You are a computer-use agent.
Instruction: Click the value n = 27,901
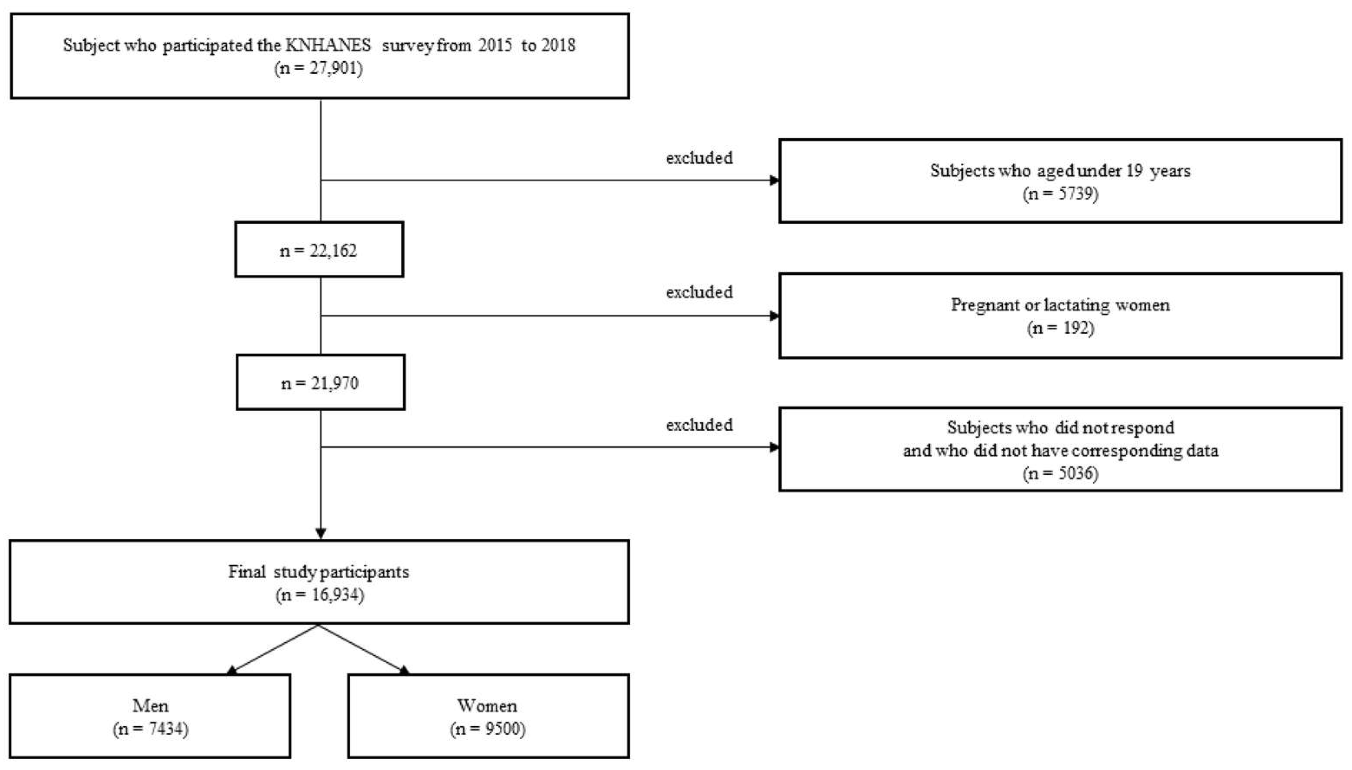click(x=318, y=69)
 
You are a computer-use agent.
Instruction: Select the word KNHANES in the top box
click(x=328, y=45)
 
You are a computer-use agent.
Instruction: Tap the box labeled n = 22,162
click(x=318, y=250)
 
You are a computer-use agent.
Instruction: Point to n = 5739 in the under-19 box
click(x=1060, y=193)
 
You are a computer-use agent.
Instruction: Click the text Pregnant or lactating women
click(x=1060, y=305)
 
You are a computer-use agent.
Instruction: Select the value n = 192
click(x=1060, y=329)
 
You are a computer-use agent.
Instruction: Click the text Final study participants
click(x=318, y=572)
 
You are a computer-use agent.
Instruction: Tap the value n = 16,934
click(x=320, y=595)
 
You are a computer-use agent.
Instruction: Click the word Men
click(x=150, y=706)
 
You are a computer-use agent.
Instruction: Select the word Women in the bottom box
click(x=487, y=706)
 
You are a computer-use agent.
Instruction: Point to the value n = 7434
click(x=150, y=729)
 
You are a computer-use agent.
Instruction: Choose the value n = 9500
click(x=487, y=729)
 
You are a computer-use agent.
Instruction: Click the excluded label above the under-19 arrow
click(x=699, y=158)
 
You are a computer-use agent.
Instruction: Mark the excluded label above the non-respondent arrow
click(x=699, y=425)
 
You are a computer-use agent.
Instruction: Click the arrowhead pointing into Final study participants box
click(x=320, y=533)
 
